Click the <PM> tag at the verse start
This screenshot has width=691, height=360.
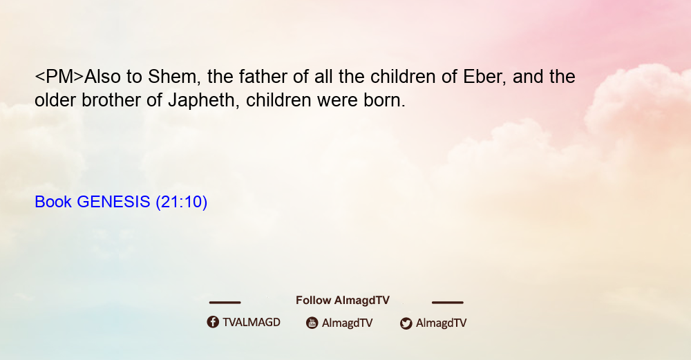(59, 77)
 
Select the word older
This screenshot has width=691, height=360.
(55, 100)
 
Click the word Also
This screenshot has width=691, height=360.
(102, 77)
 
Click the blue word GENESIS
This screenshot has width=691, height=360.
(113, 202)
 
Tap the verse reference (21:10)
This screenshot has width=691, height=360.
(182, 202)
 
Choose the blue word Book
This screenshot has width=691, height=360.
(53, 202)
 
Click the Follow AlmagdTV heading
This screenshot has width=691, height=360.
(343, 301)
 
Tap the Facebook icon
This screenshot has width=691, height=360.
(213, 322)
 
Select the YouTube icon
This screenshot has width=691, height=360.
(312, 323)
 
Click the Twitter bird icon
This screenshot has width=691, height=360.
(406, 323)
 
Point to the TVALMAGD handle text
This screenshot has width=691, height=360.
(252, 323)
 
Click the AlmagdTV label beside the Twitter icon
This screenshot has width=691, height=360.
(441, 323)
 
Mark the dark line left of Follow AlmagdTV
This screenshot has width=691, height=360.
(225, 302)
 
